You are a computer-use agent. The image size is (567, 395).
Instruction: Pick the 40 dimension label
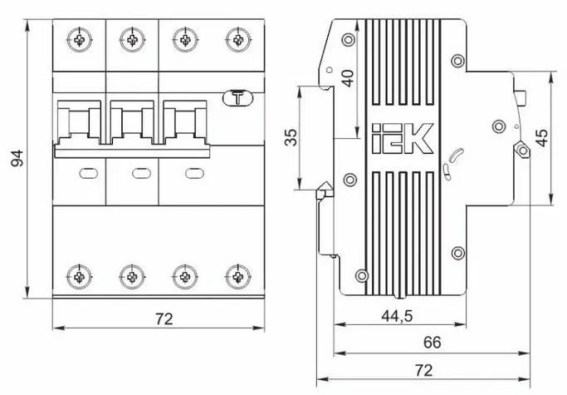tap(349, 79)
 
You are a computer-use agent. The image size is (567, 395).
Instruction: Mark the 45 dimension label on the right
tap(541, 137)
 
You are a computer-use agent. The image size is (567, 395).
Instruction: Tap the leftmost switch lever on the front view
tap(81, 125)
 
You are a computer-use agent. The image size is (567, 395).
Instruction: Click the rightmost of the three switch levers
tap(186, 125)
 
